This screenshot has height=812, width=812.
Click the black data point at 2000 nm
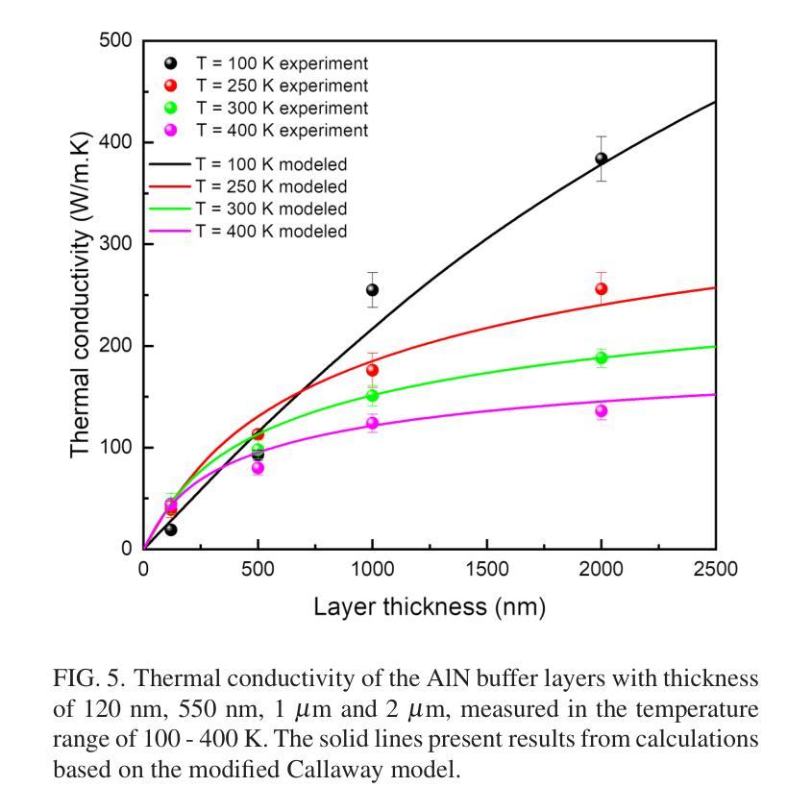coord(602,160)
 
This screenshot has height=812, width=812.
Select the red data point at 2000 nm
coord(602,288)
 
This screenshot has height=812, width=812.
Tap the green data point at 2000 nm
coord(602,357)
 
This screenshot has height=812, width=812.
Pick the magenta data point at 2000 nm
coord(602,410)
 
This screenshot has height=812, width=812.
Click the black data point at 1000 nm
coord(372,290)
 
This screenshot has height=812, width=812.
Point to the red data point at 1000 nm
coord(372,370)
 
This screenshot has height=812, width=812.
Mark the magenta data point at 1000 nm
coord(372,423)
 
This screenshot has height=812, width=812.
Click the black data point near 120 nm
coord(170,529)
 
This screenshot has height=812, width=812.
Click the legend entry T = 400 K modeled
coord(271,231)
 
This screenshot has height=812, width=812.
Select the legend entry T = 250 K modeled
coord(271,186)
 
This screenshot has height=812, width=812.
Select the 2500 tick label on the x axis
coord(714,569)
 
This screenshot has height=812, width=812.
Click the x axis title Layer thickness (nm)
coord(429,607)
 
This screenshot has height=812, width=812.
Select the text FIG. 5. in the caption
coord(85,678)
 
